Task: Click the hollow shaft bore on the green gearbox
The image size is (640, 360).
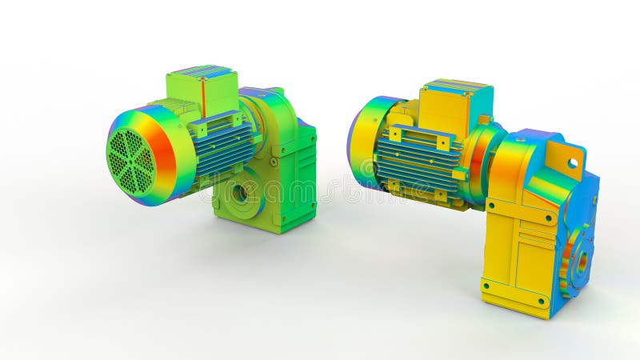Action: click(239, 194)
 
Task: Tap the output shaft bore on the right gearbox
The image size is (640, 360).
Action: click(582, 261)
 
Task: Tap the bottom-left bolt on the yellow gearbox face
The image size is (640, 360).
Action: click(486, 283)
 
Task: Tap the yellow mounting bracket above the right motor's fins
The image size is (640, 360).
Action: click(418, 135)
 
